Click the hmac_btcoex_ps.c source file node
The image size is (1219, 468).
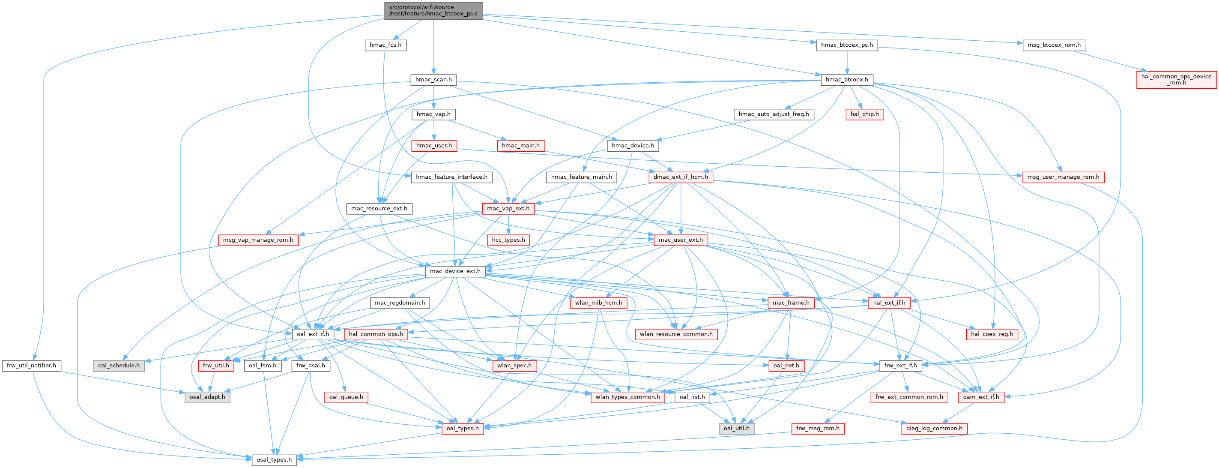coord(433,10)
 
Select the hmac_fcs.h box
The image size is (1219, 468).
coord(385,45)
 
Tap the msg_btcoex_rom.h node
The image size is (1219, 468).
coord(1054,45)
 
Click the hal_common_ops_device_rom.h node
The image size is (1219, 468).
coord(1176,79)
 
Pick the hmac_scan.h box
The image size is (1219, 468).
coord(433,80)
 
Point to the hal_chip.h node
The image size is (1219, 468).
coord(864,114)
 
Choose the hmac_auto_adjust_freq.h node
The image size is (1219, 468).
coord(774,114)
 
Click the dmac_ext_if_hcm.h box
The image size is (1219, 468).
coord(681,177)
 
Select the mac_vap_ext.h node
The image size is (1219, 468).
coord(508,208)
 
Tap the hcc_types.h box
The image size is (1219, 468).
coord(508,240)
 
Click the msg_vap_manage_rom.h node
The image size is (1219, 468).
coord(258,240)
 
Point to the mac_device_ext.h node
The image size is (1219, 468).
coord(455,271)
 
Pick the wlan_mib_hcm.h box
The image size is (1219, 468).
coord(599,303)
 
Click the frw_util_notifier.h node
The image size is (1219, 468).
coord(31,366)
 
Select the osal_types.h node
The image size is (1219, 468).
coord(274,460)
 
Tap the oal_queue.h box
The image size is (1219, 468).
coord(346,397)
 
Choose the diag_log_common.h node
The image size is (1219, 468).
coord(934,429)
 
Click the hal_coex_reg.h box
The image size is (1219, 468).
coord(992,334)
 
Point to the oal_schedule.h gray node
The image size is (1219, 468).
coord(119,366)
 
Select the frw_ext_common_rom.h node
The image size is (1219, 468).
coord(908,397)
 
